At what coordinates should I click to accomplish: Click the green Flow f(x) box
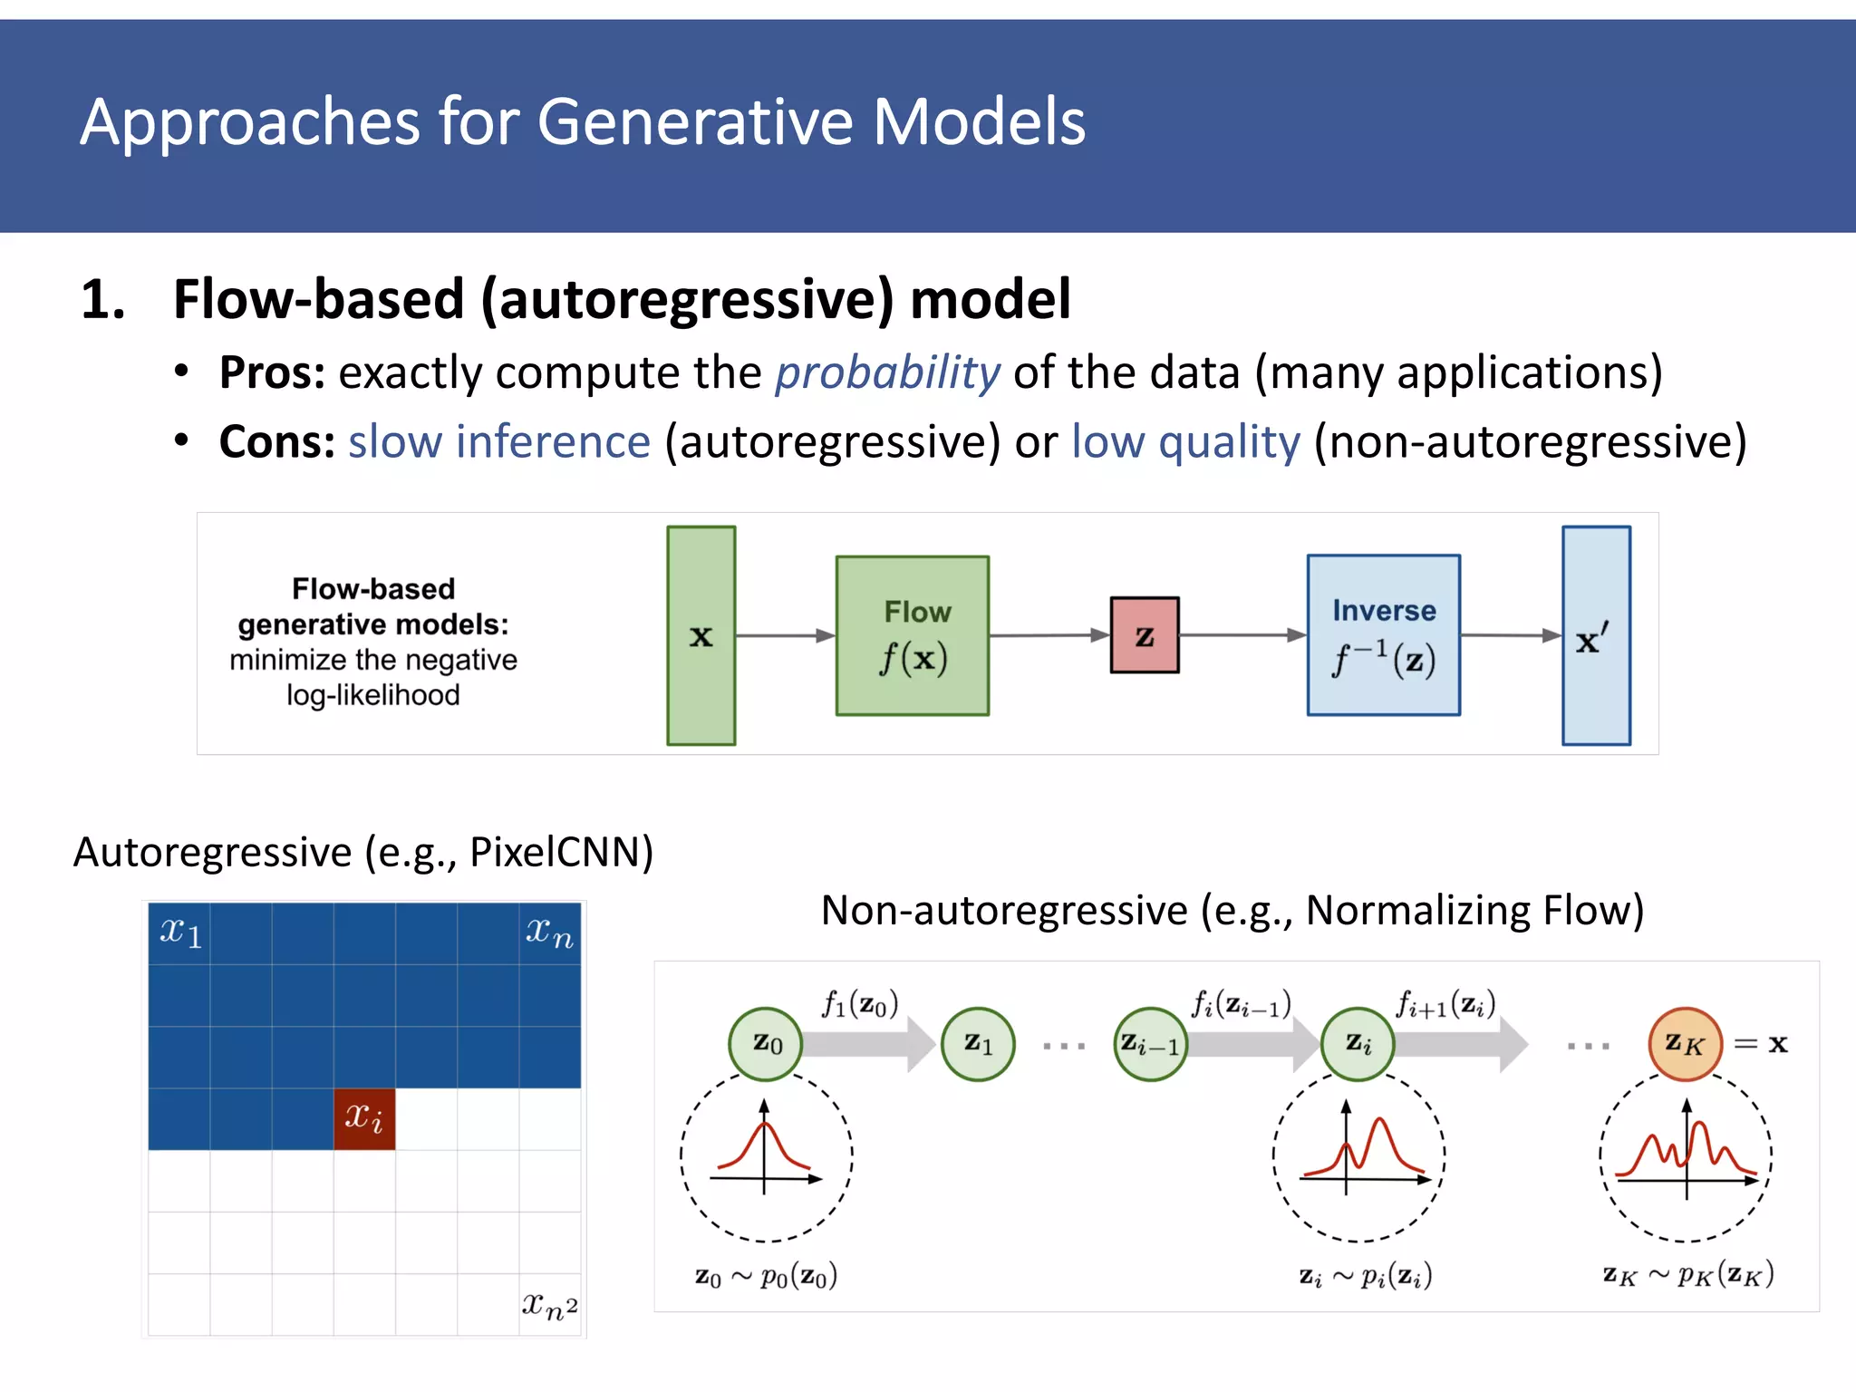912,635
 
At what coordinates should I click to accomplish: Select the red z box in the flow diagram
1145,634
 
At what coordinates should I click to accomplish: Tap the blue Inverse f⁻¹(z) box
1383,634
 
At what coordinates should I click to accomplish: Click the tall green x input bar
701,635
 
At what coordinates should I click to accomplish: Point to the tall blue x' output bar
1596,635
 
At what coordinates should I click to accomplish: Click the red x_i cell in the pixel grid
364,1118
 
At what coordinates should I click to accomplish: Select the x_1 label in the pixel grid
180,932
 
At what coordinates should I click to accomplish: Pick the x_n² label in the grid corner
549,1305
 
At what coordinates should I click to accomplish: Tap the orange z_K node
1685,1044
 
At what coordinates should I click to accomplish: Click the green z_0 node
766,1044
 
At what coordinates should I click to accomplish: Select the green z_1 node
978,1044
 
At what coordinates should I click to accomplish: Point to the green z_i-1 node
1150,1044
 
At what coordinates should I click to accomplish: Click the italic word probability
887,372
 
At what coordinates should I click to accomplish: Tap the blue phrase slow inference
499,442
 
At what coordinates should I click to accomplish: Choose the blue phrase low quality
1185,442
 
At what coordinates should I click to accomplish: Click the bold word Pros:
272,372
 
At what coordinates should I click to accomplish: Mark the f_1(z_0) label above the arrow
860,1004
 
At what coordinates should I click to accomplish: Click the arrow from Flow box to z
1049,635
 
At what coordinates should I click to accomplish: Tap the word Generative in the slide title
695,121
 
